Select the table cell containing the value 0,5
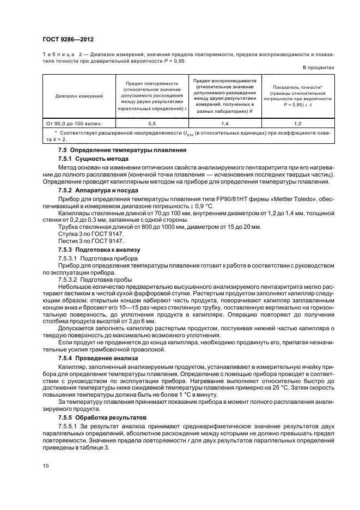(152, 124)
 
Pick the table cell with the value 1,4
(225, 124)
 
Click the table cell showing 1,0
(297, 124)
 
